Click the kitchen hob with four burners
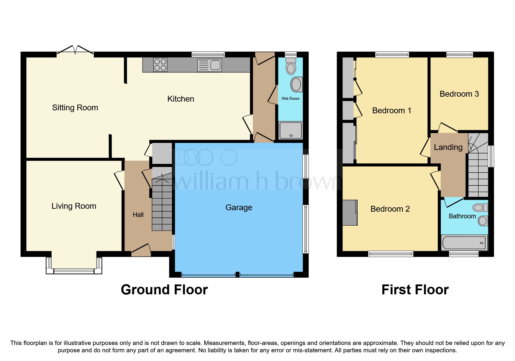[160, 65]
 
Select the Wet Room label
[290, 99]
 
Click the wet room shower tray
[291, 130]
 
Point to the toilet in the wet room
[291, 66]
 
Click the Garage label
[239, 208]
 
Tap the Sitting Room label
[75, 108]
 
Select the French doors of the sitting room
[75, 50]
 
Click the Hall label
[138, 215]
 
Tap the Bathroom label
[462, 216]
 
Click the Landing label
[448, 147]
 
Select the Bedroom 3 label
[459, 94]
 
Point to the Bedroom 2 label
[390, 209]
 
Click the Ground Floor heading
[164, 290]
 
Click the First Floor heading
[415, 290]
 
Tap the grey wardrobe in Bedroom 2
[350, 213]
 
